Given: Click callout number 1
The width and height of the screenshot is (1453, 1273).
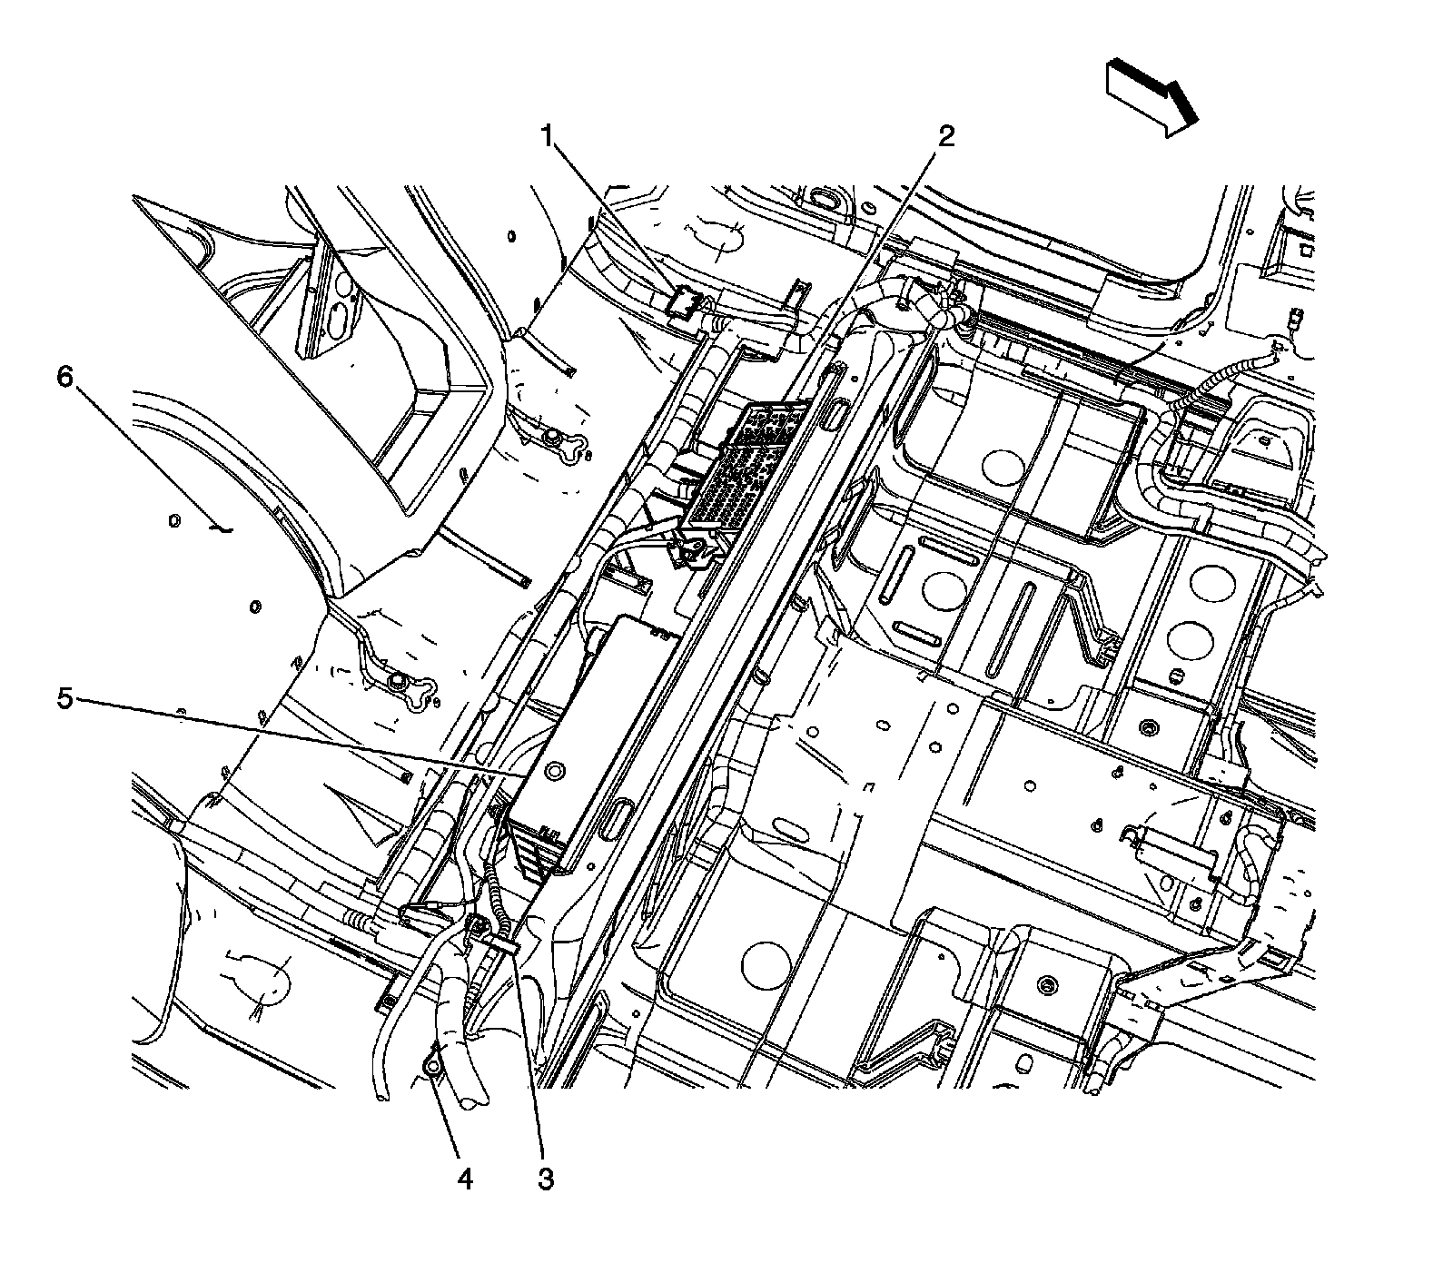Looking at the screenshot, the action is [x=547, y=137].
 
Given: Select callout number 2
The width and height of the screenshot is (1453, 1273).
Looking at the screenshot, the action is [x=945, y=137].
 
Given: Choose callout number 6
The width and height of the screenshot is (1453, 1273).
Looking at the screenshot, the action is [x=64, y=377].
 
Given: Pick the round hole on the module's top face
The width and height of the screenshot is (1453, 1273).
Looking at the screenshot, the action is [x=551, y=771].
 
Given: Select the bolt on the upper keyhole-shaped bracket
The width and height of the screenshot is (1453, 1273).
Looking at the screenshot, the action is [x=550, y=439].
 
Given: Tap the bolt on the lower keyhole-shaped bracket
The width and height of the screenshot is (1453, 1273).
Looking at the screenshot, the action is [x=397, y=679].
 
